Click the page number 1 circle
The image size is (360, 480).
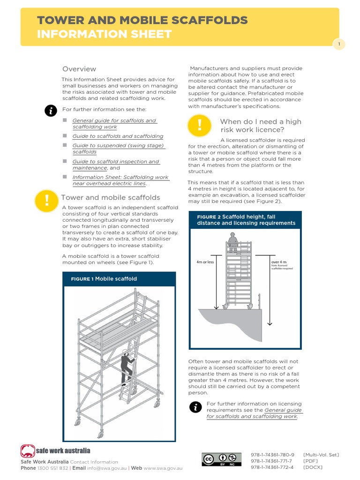(338, 44)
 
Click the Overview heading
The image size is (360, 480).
(79, 69)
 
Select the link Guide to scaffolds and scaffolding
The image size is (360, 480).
(118, 136)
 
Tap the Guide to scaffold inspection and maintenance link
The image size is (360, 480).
(115, 165)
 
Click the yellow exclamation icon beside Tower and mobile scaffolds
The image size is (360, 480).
(46, 201)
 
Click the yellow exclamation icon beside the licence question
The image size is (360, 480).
(199, 125)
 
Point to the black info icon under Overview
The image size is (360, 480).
(50, 111)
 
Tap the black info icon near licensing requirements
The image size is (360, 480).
(195, 407)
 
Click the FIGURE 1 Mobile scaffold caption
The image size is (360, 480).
(104, 279)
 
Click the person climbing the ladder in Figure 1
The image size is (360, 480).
(126, 366)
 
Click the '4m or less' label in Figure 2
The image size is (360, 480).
(205, 262)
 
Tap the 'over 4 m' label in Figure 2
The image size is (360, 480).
(279, 262)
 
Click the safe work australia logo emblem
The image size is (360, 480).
(28, 451)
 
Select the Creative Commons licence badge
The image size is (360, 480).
(221, 459)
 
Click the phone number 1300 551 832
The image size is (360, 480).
(52, 468)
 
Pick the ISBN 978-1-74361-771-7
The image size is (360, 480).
(272, 461)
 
